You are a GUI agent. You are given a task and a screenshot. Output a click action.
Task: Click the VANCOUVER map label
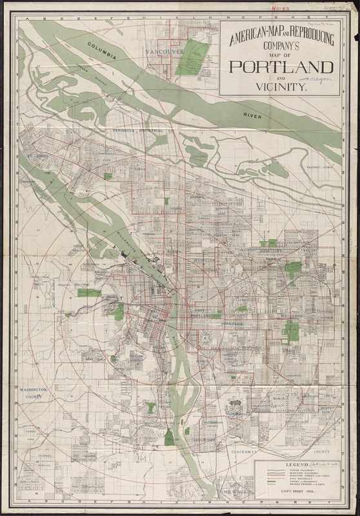[x=165, y=51]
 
